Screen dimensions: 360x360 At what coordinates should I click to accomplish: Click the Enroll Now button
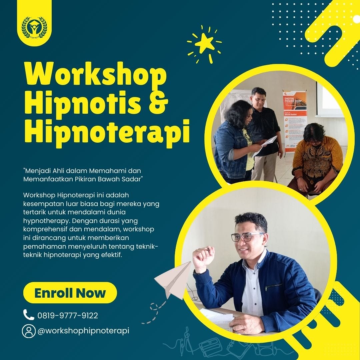pos(70,293)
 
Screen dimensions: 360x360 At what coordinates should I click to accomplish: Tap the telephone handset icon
pos(28,314)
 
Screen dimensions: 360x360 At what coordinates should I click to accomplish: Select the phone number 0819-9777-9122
pos(68,315)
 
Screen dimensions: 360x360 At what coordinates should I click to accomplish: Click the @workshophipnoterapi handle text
pos(83,331)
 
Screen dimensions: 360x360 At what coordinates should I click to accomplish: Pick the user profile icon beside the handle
pos(29,331)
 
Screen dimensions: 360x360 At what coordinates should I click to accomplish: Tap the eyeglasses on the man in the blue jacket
pos(246,236)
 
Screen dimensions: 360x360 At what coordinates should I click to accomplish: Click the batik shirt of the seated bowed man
pos(317,158)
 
